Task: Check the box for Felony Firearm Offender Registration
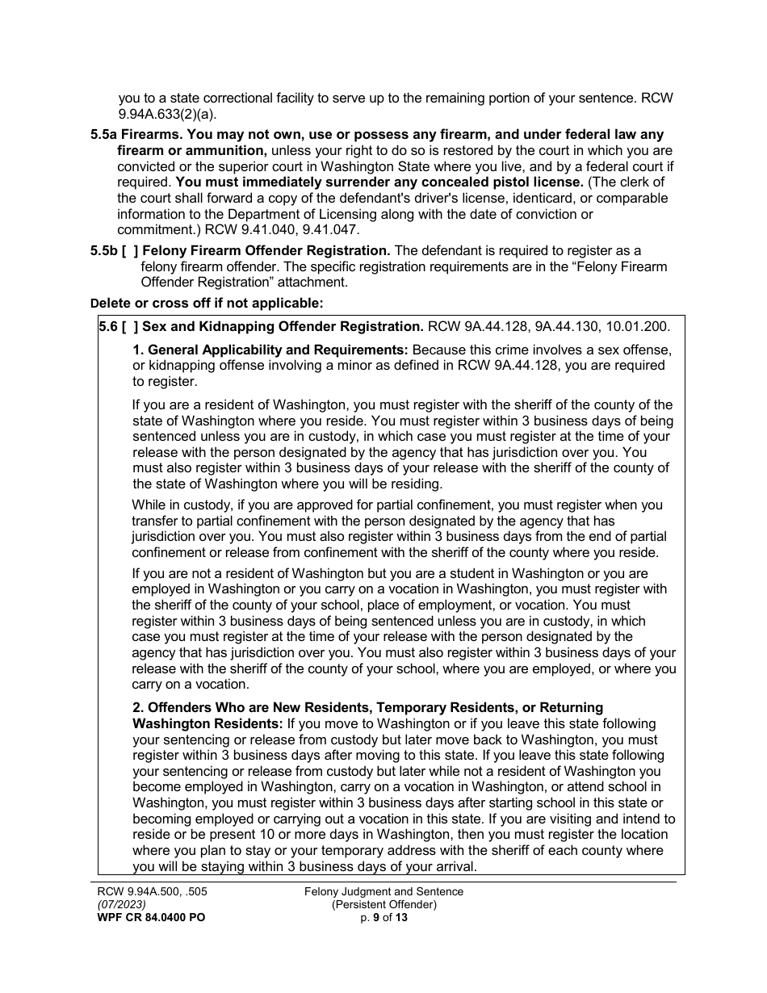coord(129,251)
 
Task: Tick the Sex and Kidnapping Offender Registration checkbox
coord(129,326)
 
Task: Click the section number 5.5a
coord(104,135)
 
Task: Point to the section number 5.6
coord(108,326)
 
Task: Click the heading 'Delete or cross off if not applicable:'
coord(207,304)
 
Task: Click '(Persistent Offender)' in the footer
coord(383,904)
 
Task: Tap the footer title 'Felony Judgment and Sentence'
coord(383,891)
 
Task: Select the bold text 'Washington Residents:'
coord(207,723)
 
